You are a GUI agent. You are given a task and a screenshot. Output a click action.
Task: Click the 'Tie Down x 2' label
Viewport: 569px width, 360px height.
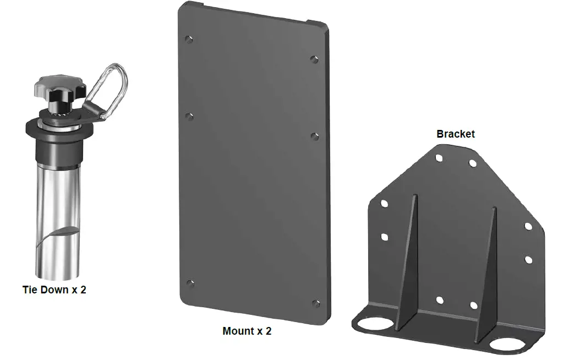coord(54,290)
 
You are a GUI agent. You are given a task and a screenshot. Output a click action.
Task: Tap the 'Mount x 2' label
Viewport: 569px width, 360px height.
coord(247,331)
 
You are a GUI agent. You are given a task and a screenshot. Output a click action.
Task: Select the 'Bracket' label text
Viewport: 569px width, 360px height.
coord(455,134)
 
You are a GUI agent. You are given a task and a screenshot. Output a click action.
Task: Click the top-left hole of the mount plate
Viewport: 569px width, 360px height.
coord(189,39)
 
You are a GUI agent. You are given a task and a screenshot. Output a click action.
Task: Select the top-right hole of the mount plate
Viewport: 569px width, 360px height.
coord(314,59)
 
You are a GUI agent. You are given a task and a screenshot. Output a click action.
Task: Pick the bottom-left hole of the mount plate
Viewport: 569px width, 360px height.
coord(190,283)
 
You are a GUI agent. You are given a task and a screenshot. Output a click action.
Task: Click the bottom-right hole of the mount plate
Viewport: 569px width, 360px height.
coord(316,303)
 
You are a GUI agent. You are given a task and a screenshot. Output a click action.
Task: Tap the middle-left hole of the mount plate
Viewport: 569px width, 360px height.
coord(189,116)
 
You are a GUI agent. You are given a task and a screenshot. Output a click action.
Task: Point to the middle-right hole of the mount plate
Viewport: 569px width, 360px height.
coord(315,135)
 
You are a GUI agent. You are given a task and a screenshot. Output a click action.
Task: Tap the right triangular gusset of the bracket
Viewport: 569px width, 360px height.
coord(488,275)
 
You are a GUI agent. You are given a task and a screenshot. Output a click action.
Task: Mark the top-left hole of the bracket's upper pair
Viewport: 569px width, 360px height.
coord(439,158)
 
